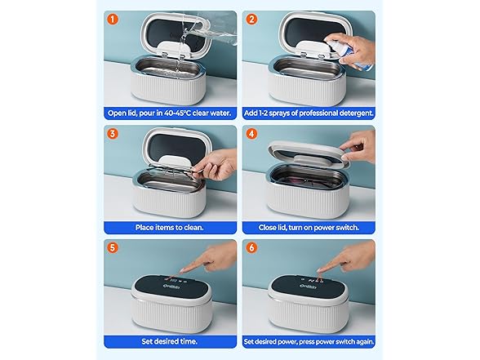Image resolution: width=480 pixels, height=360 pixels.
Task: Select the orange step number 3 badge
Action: [x=112, y=132]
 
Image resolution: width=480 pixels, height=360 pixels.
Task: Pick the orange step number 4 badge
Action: [x=251, y=132]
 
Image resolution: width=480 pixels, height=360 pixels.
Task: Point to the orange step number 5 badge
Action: [x=112, y=247]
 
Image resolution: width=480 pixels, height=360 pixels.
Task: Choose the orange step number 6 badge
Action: [x=251, y=247]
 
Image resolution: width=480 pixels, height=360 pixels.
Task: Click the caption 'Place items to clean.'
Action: [x=170, y=228]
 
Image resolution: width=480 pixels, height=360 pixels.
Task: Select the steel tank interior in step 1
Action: [x=167, y=68]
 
